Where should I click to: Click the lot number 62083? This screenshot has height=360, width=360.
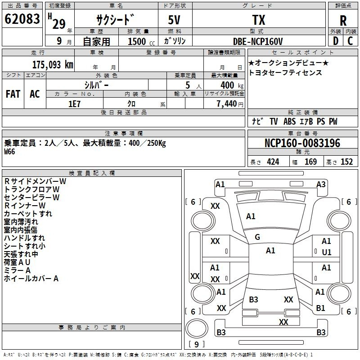coord(22,19)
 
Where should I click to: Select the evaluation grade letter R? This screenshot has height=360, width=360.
coord(343,20)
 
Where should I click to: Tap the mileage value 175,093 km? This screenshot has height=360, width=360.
coord(53,64)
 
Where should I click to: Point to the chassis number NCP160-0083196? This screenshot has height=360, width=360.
coord(302,143)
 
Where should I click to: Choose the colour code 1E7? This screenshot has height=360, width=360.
coord(74,103)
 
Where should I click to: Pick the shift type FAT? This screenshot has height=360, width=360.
coord(13,94)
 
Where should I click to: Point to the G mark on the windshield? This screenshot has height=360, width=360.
coord(257,237)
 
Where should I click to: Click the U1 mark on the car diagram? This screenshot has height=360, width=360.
coord(326,252)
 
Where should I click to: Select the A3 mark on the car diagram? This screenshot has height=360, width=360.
coord(321,184)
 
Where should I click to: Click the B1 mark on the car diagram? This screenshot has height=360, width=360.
coord(320,308)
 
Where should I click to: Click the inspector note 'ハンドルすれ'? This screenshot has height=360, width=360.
coord(24,238)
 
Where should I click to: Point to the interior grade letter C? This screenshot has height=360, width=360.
coord(350,41)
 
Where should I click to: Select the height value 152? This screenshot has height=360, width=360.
coord(346,162)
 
